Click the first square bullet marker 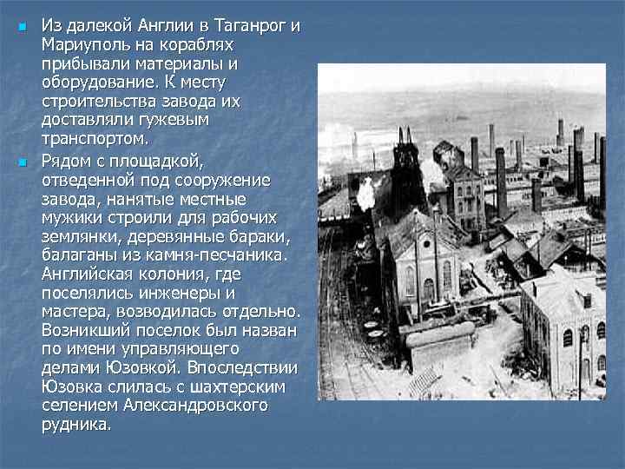click(21, 27)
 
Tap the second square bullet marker click(21, 162)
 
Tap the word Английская click(89, 274)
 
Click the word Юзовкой click(124, 368)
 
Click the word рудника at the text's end click(76, 425)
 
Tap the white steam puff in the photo click(365, 192)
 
